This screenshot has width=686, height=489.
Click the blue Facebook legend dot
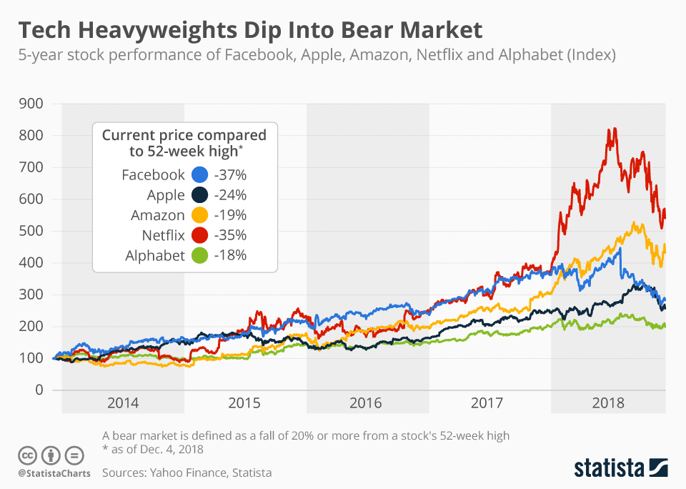pos(200,175)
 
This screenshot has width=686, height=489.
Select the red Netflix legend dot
pos(200,235)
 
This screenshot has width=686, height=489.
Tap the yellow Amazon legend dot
pos(200,215)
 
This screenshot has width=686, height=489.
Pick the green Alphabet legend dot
pos(200,255)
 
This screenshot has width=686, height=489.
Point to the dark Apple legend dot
pos(200,195)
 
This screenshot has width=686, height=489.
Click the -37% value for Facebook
pos(230,175)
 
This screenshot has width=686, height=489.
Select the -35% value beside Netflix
pos(230,235)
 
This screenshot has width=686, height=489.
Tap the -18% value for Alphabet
pos(230,255)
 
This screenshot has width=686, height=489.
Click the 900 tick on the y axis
pos(31,104)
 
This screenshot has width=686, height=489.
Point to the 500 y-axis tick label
pos(31,231)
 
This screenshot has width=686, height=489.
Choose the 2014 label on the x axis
pos(123,402)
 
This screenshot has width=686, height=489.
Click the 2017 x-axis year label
pos(489,402)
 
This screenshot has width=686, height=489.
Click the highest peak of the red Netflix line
pos(609,129)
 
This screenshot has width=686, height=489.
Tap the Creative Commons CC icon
pos(27,455)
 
